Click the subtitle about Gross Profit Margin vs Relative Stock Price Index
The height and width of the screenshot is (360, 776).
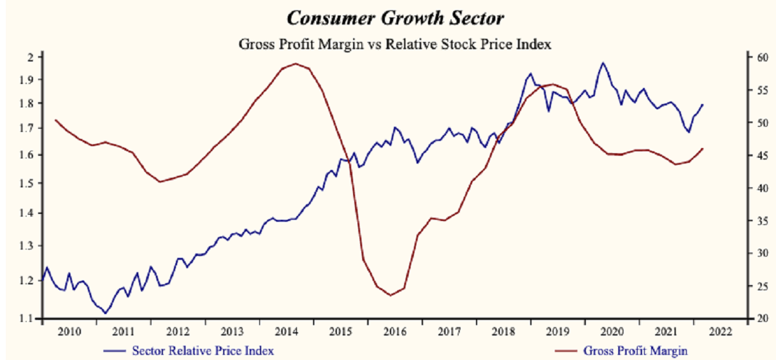(387, 45)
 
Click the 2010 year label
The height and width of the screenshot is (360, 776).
(69, 332)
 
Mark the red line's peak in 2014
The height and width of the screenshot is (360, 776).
(296, 63)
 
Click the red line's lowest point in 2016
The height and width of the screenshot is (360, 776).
(391, 295)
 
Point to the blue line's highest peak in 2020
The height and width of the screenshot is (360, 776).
(603, 63)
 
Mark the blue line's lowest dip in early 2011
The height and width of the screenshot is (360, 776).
(105, 313)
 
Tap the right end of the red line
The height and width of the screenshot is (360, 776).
(703, 148)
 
